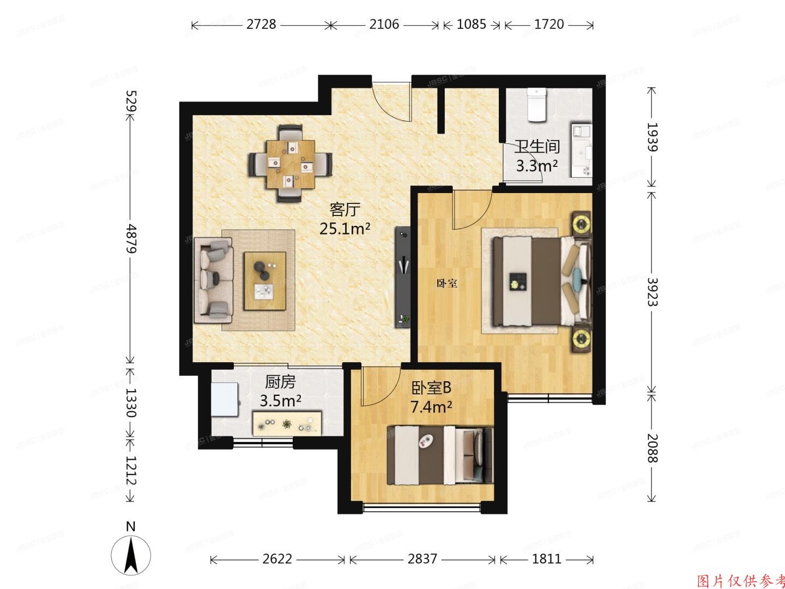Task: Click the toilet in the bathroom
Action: click(537, 105)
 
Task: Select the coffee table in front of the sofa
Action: click(265, 281)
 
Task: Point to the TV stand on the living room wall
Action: click(403, 277)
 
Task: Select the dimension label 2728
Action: click(262, 25)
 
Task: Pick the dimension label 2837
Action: click(422, 559)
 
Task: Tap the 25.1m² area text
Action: click(345, 229)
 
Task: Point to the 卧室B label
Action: click(431, 388)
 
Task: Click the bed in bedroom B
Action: click(440, 455)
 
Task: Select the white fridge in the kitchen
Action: click(225, 400)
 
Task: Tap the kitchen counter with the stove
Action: click(287, 423)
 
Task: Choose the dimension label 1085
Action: click(472, 25)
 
